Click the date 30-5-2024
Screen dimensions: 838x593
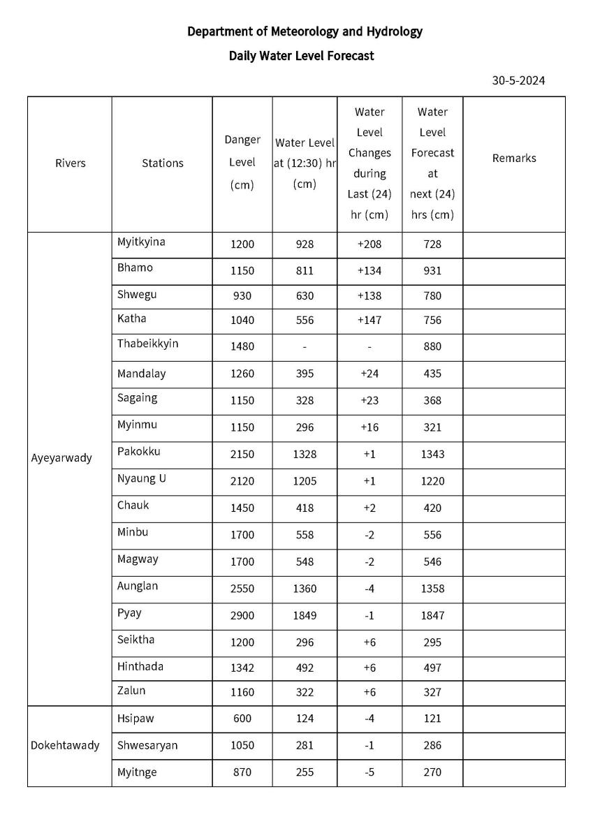click(x=518, y=80)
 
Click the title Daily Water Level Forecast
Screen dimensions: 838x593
click(x=301, y=56)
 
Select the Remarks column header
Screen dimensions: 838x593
click(x=514, y=159)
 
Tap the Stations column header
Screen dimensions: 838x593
click(x=163, y=163)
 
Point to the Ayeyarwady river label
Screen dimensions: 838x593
click(x=61, y=459)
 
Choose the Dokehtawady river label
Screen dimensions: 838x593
click(x=65, y=745)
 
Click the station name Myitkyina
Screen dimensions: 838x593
click(x=141, y=242)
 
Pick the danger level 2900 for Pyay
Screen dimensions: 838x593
click(x=242, y=616)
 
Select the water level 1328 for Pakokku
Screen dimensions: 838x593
click(x=305, y=455)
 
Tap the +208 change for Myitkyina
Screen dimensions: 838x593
click(x=369, y=244)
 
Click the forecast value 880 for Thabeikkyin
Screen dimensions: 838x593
click(x=432, y=346)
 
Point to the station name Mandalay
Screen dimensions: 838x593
click(x=142, y=374)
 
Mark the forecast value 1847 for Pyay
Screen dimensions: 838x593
click(x=432, y=616)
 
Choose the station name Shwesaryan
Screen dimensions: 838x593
click(x=147, y=745)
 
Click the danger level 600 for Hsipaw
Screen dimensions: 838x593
click(x=242, y=719)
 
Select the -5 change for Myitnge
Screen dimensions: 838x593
click(x=369, y=772)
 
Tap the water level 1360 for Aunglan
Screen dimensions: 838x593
click(x=305, y=589)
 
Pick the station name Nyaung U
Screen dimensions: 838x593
click(x=142, y=479)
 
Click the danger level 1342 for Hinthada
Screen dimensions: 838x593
click(x=242, y=668)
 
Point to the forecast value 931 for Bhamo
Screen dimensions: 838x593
click(x=432, y=271)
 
